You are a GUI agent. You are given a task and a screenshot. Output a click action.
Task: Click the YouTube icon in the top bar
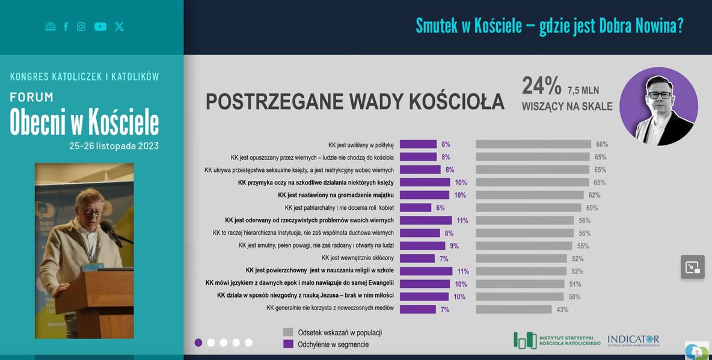pyautogui.click(x=100, y=26)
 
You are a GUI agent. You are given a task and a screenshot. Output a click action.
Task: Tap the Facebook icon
pyautogui.click(x=66, y=26)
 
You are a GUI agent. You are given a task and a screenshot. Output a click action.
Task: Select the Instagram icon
pyautogui.click(x=81, y=26)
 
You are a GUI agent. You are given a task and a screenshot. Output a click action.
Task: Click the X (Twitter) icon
pyautogui.click(x=119, y=26)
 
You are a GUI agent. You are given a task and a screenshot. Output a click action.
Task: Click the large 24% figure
pyautogui.click(x=541, y=86)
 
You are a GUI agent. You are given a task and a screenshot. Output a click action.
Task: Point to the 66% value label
pyautogui.click(x=601, y=144)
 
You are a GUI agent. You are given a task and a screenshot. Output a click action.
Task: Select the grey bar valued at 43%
pyautogui.click(x=514, y=310)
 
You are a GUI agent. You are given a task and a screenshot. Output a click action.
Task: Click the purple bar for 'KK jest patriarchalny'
pyautogui.click(x=416, y=208)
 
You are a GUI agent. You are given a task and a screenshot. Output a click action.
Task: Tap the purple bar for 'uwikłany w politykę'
pyautogui.click(x=418, y=144)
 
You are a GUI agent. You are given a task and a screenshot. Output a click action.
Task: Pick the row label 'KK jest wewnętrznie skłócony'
pyautogui.click(x=357, y=258)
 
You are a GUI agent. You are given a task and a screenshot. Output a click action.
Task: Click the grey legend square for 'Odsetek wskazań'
pyautogui.click(x=288, y=332)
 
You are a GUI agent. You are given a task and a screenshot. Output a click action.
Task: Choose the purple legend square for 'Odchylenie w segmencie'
pyautogui.click(x=288, y=344)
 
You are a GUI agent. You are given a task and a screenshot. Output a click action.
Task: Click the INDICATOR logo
pyautogui.click(x=633, y=340)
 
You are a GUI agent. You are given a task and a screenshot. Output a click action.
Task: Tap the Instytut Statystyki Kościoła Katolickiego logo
pyautogui.click(x=557, y=340)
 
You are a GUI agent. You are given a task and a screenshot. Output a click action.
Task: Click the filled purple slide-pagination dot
pyautogui.click(x=198, y=343)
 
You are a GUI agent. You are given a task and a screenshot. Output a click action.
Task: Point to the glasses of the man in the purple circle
pyautogui.click(x=660, y=95)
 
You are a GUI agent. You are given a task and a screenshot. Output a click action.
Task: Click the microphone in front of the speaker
pyautogui.click(x=107, y=227)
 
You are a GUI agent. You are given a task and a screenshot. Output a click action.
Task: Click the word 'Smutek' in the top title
pyautogui.click(x=438, y=26)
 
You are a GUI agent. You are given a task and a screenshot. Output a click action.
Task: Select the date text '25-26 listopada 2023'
pyautogui.click(x=114, y=146)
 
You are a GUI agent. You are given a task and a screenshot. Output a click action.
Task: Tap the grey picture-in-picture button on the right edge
pyautogui.click(x=693, y=267)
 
